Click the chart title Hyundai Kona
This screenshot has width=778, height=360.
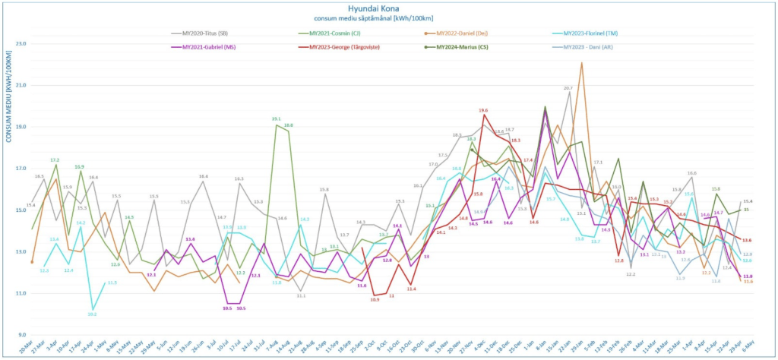pyautogui.click(x=387, y=8)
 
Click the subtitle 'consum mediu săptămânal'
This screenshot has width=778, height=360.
pyautogui.click(x=387, y=17)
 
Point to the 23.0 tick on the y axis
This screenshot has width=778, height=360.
pyautogui.click(x=21, y=44)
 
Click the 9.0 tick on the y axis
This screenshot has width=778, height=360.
pyautogui.click(x=22, y=335)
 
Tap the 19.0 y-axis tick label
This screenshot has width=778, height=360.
pyautogui.click(x=21, y=127)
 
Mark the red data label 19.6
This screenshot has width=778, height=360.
pyautogui.click(x=483, y=111)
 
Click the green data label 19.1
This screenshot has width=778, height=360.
pyautogui.click(x=277, y=119)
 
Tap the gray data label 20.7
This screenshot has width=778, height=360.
pyautogui.click(x=568, y=89)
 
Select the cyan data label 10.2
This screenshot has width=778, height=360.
pyautogui.click(x=92, y=314)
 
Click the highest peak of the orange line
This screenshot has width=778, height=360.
pyautogui.click(x=582, y=63)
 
